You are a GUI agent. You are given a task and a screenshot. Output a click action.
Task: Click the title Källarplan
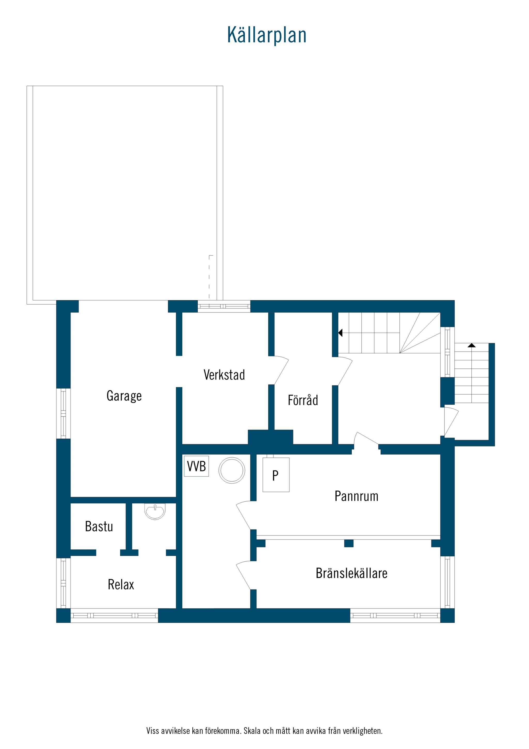(x=267, y=35)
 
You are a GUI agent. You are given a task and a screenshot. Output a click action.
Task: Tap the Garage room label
(x=124, y=396)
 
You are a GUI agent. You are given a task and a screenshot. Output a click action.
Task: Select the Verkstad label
(x=224, y=375)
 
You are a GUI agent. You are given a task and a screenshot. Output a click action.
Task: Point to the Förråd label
(x=303, y=400)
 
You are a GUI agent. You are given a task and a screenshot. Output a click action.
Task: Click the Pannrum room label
(x=356, y=496)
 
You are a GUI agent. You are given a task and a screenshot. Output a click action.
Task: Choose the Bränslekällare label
(x=352, y=573)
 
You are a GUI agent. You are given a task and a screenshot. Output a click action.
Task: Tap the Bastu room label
(x=99, y=526)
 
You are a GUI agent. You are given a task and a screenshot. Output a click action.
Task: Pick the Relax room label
(x=121, y=585)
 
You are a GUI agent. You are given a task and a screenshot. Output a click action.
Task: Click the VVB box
(x=196, y=466)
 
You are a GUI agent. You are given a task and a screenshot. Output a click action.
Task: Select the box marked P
(x=276, y=475)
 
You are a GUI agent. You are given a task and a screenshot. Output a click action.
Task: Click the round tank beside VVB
(x=232, y=470)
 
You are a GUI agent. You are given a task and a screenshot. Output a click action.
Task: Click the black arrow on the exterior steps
(x=472, y=345)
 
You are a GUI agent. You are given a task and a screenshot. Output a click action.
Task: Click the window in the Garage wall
(x=63, y=413)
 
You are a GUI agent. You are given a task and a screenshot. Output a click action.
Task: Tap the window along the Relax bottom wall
(x=114, y=616)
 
